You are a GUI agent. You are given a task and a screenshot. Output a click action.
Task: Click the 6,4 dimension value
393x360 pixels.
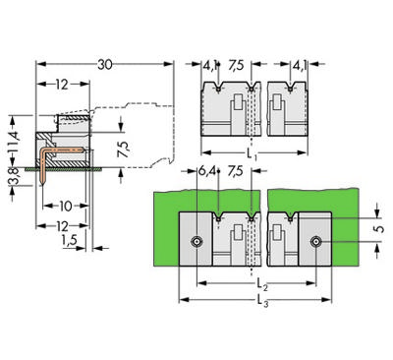[x=206, y=171]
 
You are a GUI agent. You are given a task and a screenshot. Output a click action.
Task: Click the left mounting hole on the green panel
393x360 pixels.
[x=197, y=241]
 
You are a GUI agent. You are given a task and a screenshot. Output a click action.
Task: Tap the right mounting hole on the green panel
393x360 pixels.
[x=317, y=241]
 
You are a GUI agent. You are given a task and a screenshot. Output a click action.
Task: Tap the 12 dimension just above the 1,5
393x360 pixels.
[x=63, y=226]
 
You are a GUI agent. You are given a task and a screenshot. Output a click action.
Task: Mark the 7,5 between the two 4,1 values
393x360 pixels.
[x=237, y=67]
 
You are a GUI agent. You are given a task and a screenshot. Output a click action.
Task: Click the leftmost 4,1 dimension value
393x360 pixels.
[x=210, y=67]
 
